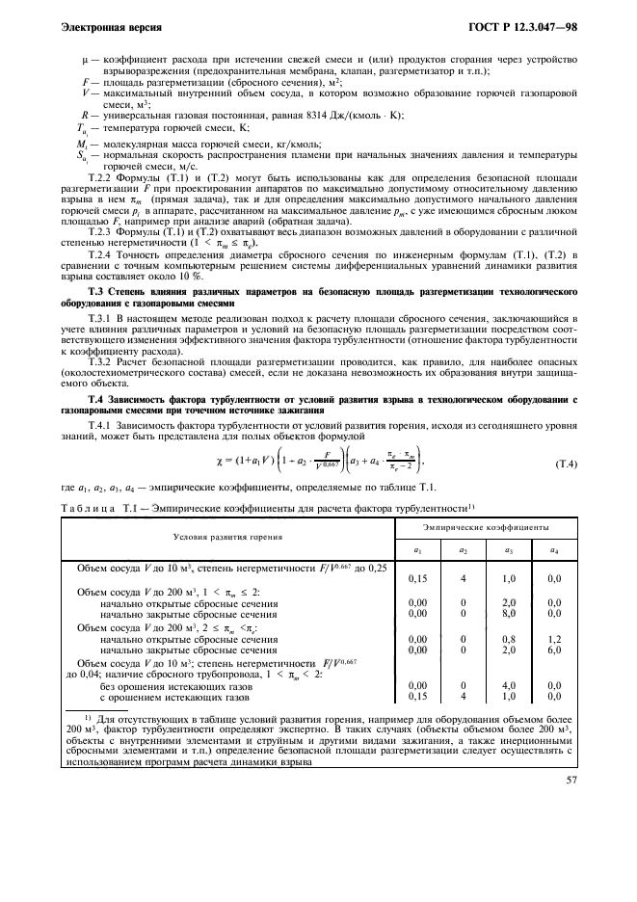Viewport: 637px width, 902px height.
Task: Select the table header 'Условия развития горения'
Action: [227, 536]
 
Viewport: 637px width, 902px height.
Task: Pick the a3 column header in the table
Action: [508, 549]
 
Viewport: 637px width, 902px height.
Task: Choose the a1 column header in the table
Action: [417, 549]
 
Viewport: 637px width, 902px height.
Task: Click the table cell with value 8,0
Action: [508, 612]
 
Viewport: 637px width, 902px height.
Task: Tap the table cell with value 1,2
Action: [552, 638]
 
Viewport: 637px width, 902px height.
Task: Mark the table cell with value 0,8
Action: [508, 638]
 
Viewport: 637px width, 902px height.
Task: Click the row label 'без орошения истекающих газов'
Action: [169, 684]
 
